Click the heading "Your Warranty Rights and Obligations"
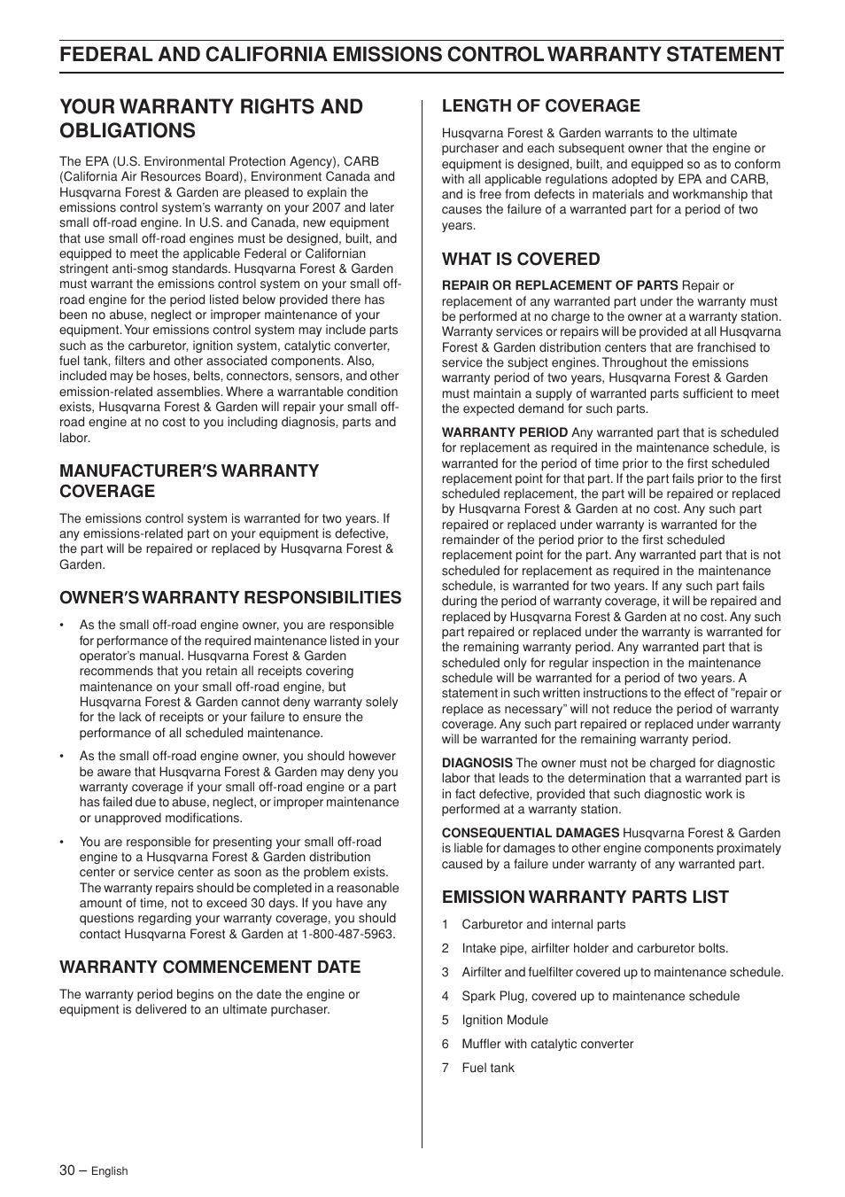tap(211, 118)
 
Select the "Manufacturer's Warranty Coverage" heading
tap(189, 480)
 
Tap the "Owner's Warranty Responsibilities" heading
tap(230, 597)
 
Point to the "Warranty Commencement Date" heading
tap(210, 967)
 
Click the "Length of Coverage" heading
tap(540, 105)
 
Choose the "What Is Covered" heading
tap(521, 259)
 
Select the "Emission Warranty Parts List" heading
tap(585, 897)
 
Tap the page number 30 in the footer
tap(67, 1170)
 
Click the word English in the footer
tap(110, 1170)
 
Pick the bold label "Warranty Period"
tap(505, 432)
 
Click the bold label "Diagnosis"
tap(477, 763)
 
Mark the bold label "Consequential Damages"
tap(530, 833)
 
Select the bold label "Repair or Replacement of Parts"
tap(560, 285)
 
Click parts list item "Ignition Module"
tap(505, 1020)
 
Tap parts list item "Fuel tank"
tap(488, 1068)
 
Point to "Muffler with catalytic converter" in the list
tap(547, 1044)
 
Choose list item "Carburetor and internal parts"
tap(543, 924)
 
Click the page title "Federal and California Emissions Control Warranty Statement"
tap(422, 55)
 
